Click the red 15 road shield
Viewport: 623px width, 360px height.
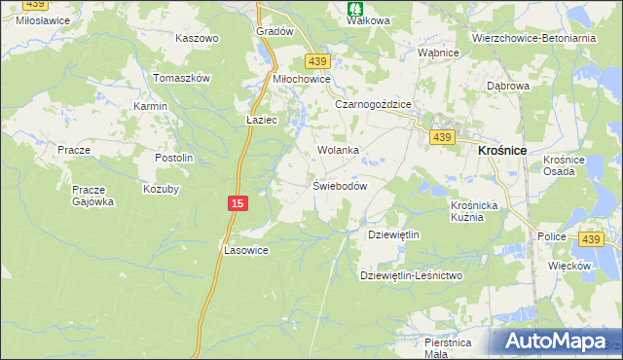pos(238,202)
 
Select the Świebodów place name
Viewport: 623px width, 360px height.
pos(339,186)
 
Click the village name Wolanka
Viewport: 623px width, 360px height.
pos(339,151)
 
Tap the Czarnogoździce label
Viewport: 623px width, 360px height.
pos(374,104)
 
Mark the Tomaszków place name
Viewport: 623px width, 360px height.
pos(182,78)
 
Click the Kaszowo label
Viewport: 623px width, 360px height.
pos(197,38)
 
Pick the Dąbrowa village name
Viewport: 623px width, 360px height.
pos(507,86)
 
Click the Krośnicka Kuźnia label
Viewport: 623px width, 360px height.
pos(475,211)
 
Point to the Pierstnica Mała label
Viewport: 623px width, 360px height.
pos(448,347)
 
